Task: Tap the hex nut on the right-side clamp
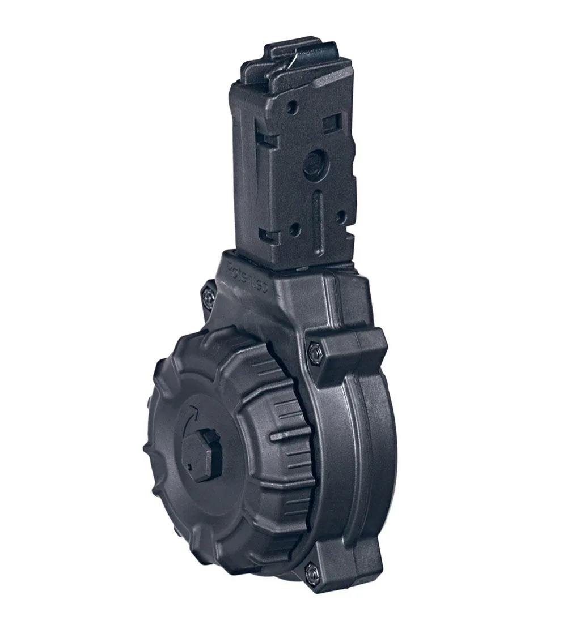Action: click(x=314, y=353)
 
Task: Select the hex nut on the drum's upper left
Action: click(x=207, y=295)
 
